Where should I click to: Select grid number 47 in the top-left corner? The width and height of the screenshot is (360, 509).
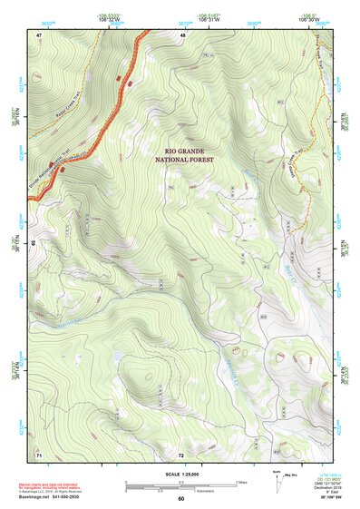39,34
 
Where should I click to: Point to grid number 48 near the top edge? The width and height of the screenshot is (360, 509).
182,34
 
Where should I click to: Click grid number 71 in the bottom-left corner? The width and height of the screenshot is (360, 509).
39,453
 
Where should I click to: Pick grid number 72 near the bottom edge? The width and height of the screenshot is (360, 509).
181,453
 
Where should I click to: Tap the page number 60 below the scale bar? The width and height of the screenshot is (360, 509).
180,499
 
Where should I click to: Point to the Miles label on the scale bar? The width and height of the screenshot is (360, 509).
242,481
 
